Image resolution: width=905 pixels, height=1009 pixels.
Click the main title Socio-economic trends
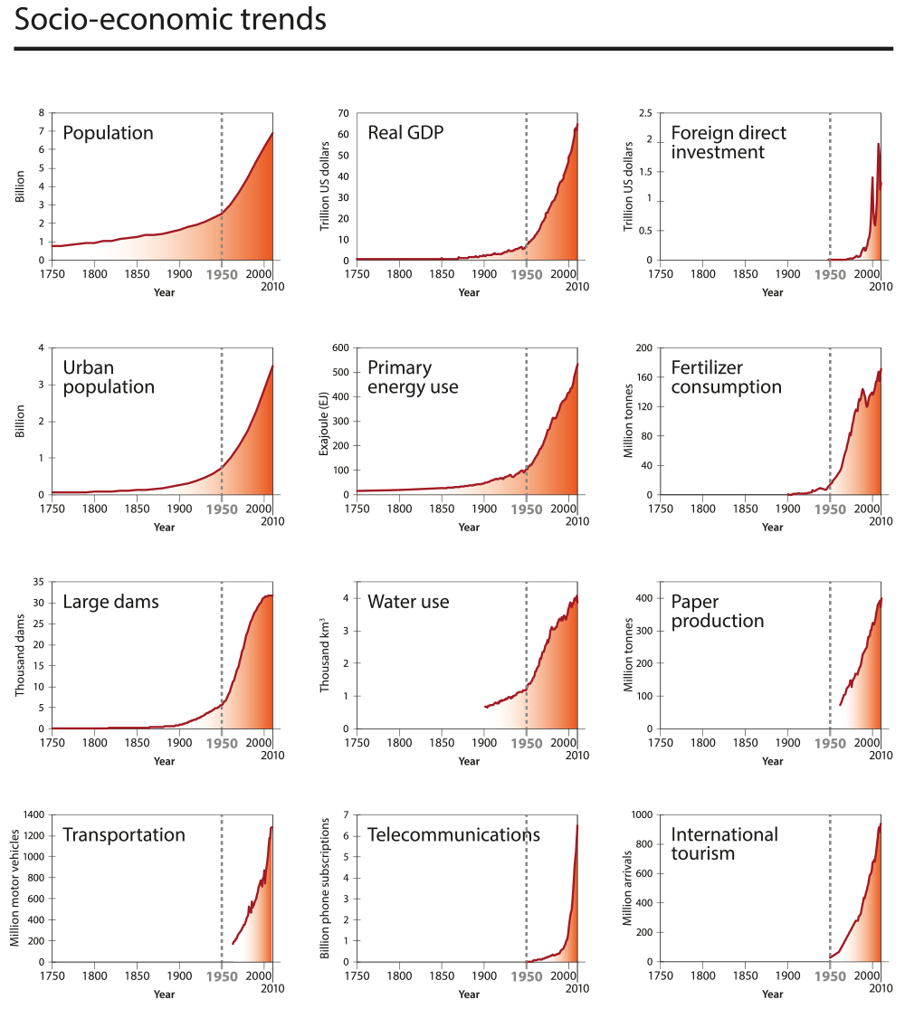coord(170,20)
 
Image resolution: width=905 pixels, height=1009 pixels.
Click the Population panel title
coord(108,133)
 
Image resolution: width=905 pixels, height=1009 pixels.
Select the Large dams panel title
coord(110,602)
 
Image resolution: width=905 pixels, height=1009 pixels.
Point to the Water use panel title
coord(408,602)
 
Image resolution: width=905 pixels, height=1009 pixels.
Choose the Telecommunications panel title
coord(453,834)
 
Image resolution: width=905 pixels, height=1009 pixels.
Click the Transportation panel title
coord(124,834)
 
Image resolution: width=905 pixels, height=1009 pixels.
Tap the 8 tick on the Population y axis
coord(41,113)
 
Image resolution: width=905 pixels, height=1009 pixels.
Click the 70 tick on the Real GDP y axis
coord(342,113)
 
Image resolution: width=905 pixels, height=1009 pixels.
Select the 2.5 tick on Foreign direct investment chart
coord(645,113)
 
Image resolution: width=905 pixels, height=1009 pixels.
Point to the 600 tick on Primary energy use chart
coord(339,347)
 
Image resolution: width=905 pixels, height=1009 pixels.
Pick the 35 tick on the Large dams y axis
coord(38,582)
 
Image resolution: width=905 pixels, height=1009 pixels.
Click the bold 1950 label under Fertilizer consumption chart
coord(830,509)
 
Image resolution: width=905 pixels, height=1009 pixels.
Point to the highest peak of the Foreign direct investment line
coord(878,144)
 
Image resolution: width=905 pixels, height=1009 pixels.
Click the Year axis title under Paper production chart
coord(772,761)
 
